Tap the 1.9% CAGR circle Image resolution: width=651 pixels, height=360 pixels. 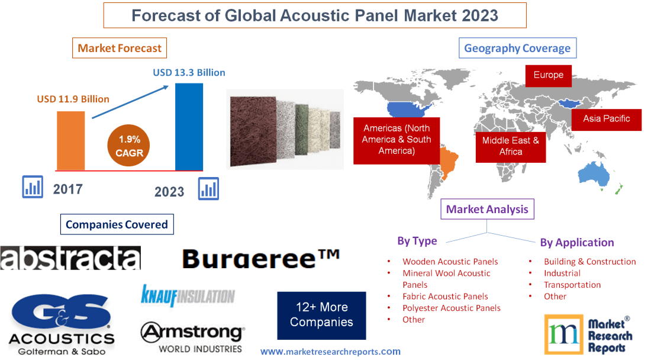(x=129, y=146)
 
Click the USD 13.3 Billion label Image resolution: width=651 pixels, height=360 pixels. (x=189, y=72)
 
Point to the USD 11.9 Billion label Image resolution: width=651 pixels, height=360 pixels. (x=73, y=99)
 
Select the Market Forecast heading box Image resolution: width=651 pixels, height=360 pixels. (x=119, y=49)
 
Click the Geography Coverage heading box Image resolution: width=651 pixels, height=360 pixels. (x=517, y=49)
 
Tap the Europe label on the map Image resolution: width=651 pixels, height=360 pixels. (x=548, y=75)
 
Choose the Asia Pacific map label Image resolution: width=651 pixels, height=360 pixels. (x=606, y=118)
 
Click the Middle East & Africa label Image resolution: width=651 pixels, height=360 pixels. (x=510, y=146)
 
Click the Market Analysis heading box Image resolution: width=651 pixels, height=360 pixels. (x=486, y=209)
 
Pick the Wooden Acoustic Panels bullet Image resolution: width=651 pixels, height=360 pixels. (x=450, y=261)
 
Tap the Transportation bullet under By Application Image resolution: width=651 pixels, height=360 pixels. (x=572, y=285)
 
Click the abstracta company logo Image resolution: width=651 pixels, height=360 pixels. (x=70, y=258)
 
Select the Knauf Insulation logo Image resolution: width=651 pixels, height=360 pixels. (x=187, y=295)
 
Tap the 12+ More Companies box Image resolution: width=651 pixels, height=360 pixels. (x=321, y=315)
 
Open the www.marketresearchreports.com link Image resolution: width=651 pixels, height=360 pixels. (x=330, y=351)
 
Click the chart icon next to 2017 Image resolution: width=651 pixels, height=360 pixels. (x=33, y=187)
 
